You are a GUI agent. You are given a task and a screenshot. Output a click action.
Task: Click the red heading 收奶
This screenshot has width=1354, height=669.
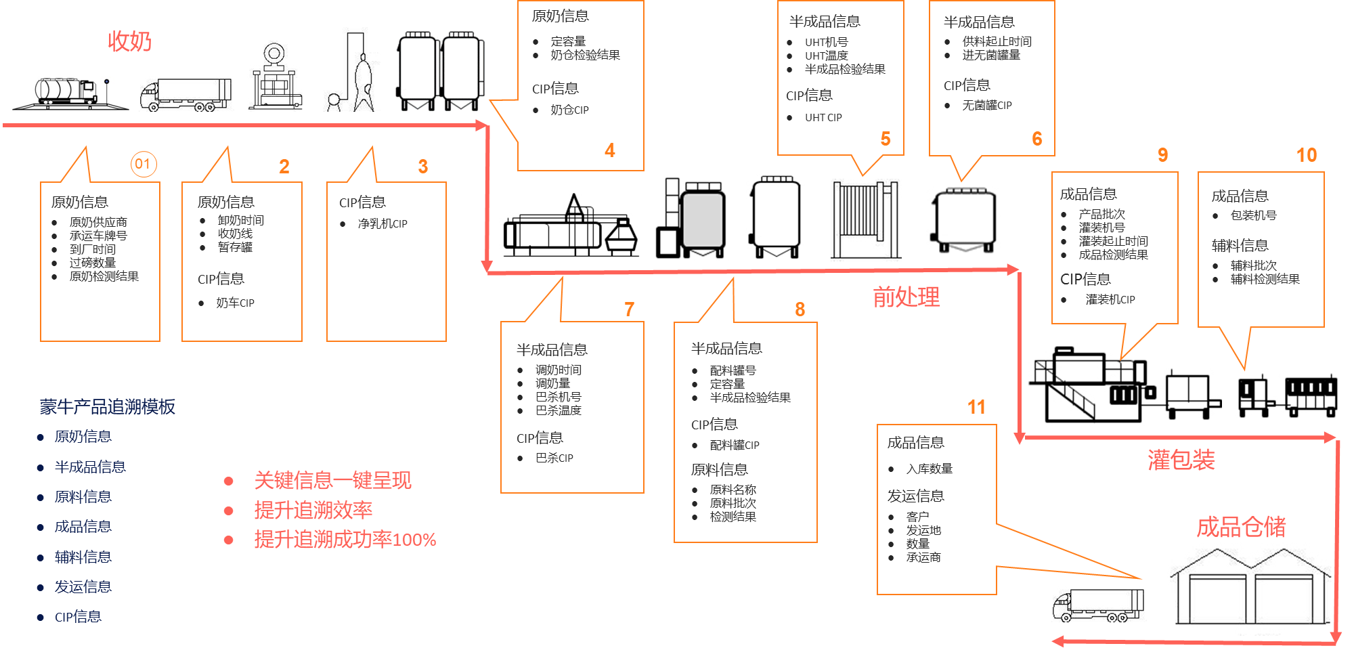coord(129,41)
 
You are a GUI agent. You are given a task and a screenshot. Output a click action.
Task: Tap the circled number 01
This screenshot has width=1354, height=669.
coord(143,164)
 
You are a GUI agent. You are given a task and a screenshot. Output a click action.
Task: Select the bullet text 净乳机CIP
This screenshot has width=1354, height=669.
coord(382,223)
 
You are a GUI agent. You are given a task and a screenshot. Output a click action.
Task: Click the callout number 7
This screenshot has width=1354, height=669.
coord(629,309)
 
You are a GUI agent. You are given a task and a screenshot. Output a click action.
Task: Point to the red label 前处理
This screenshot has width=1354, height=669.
coord(906,297)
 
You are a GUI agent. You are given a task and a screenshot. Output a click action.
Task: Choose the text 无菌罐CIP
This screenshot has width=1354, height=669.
coord(986,106)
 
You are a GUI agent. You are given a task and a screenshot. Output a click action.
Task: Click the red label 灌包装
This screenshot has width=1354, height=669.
coord(1181,460)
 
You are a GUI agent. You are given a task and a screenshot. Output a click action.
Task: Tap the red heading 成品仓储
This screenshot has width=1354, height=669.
coord(1241,527)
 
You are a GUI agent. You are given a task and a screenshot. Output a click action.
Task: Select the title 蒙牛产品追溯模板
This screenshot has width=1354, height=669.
coord(108,406)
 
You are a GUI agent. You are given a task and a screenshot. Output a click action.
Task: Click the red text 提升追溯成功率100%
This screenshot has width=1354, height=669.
coord(345,540)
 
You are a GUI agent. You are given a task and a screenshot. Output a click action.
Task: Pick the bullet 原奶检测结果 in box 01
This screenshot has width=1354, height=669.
coord(104,276)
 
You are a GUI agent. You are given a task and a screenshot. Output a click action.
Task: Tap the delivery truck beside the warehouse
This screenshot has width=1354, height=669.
coord(1097,605)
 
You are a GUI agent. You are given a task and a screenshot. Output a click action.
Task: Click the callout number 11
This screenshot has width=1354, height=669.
coord(976,407)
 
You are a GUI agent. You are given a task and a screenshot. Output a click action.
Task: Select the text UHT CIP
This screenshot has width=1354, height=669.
coord(823,118)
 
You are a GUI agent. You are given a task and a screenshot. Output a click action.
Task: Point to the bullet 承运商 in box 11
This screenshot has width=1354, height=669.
coord(923,557)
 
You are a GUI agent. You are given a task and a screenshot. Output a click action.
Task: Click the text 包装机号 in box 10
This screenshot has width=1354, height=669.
coord(1253,215)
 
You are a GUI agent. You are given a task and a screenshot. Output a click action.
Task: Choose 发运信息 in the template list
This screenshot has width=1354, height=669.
coord(83,587)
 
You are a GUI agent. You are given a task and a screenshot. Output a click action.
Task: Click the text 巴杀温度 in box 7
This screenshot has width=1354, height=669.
coord(558,410)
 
